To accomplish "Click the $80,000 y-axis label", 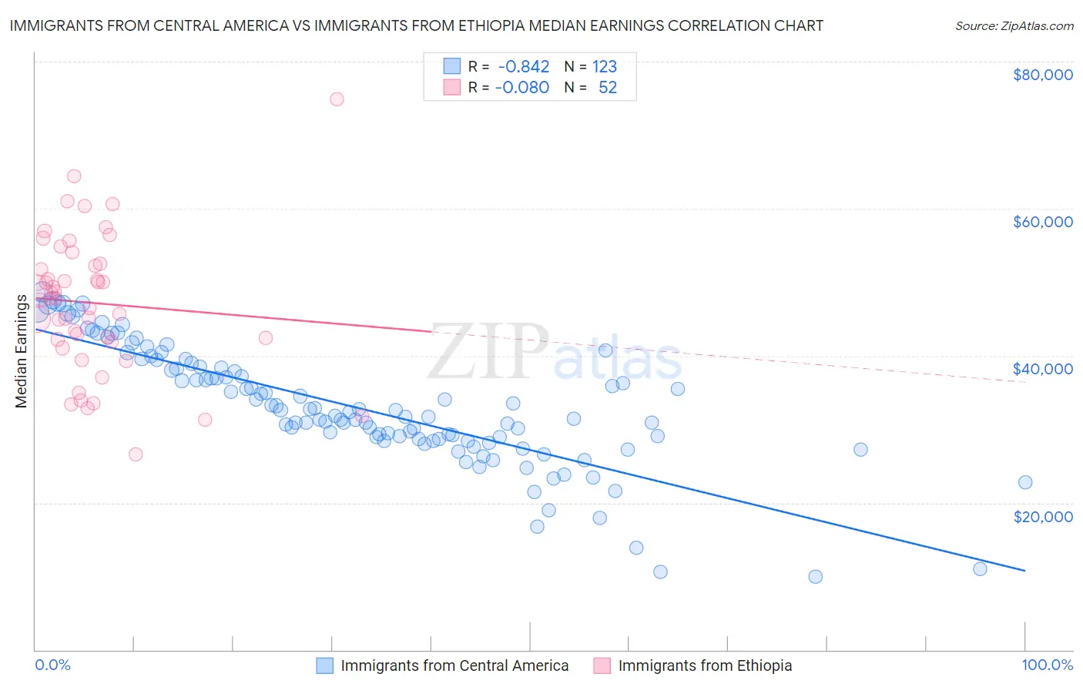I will (x=1042, y=75).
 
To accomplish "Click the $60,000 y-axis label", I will (x=1042, y=222).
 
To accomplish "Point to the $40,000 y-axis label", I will (x=1042, y=369).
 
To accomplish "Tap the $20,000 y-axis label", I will (x=1042, y=516).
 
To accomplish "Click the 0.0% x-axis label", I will (x=52, y=665).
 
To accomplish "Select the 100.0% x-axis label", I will (x=1047, y=665).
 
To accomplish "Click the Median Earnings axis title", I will (x=21, y=351).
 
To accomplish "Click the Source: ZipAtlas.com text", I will (x=1014, y=25).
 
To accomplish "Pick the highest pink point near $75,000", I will (x=337, y=99).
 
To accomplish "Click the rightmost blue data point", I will (x=1025, y=483).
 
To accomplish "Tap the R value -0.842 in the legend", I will (x=522, y=67).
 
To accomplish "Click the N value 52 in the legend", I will (x=608, y=88).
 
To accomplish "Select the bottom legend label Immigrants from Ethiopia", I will (x=705, y=665).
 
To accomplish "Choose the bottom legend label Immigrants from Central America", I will (x=454, y=665).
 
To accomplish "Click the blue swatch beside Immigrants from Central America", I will (x=325, y=665).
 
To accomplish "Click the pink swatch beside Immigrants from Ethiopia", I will (x=602, y=665).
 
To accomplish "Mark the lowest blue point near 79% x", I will (x=815, y=577).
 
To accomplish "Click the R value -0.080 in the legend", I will (x=522, y=88).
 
